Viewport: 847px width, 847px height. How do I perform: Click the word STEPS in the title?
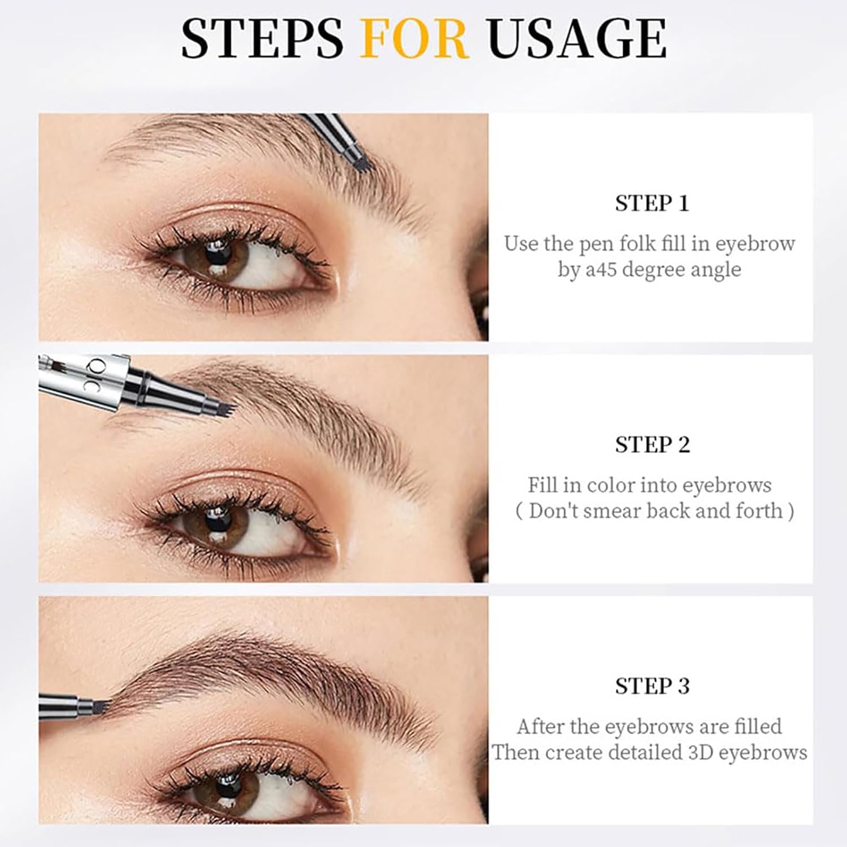pyautogui.click(x=261, y=38)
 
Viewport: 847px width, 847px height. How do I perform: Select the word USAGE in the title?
pyautogui.click(x=577, y=38)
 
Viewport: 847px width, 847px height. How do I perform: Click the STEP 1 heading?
pyautogui.click(x=652, y=203)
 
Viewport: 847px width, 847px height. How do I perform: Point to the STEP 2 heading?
pyautogui.click(x=652, y=445)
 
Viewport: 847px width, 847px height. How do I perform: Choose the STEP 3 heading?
pyautogui.click(x=652, y=686)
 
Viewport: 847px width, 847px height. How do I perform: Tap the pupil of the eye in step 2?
pyautogui.click(x=215, y=520)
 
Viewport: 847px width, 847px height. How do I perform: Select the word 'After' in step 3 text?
pyautogui.click(x=540, y=727)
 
